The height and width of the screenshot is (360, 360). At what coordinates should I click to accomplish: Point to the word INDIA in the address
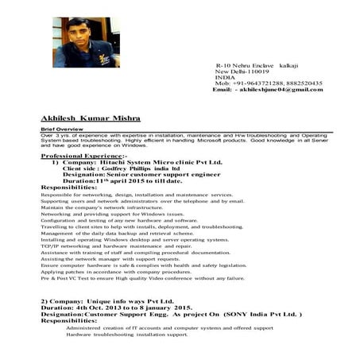pos(226,76)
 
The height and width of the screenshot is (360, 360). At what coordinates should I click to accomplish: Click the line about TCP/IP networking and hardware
pos(116,246)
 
